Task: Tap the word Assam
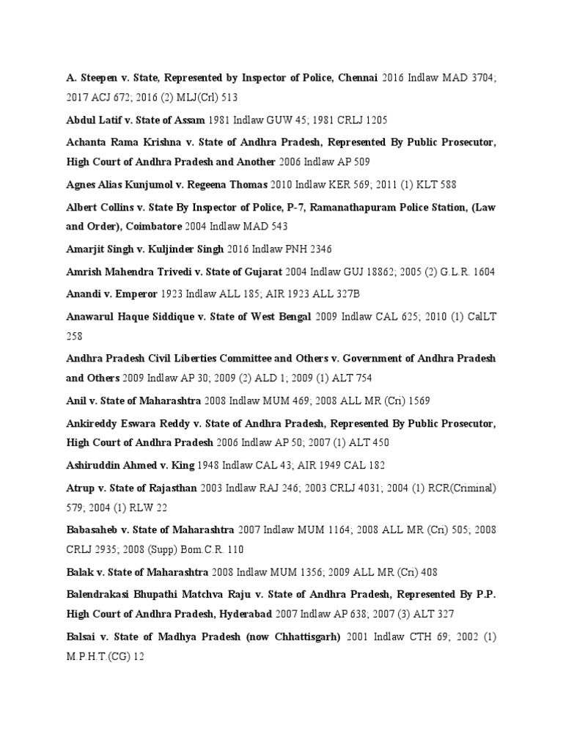[190, 120]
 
